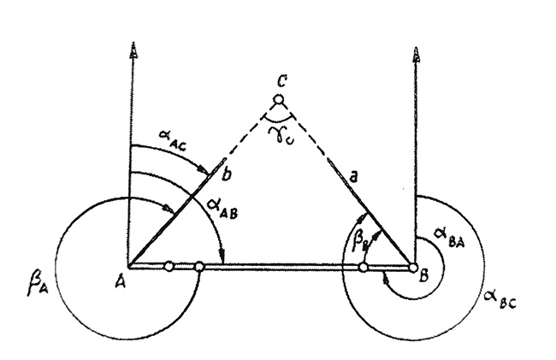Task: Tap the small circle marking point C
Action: (x=279, y=100)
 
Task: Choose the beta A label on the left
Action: (x=38, y=286)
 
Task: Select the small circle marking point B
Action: (x=413, y=268)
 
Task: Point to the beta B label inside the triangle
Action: (x=359, y=241)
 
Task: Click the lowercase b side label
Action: (x=227, y=174)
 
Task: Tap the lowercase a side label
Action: (x=352, y=177)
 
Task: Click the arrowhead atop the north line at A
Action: (x=133, y=50)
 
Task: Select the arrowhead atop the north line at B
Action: (x=417, y=54)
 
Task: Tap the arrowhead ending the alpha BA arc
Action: (x=387, y=280)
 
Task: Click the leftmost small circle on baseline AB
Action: (x=169, y=265)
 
